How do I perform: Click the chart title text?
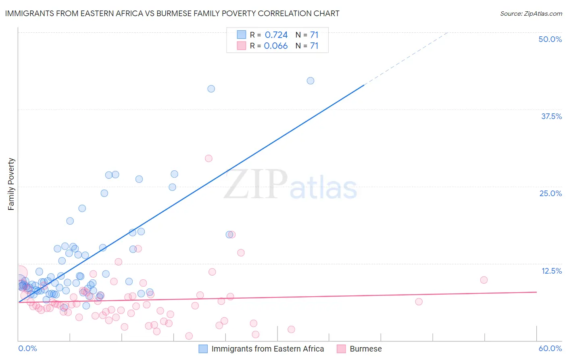coord(172,13)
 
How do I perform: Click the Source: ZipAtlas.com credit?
coord(531,14)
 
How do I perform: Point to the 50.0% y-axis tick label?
coord(550,39)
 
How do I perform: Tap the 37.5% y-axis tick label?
coord(551,116)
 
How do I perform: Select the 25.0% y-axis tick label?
coord(550,193)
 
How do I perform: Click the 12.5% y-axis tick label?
coord(551,271)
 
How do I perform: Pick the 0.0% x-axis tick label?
coord(27,348)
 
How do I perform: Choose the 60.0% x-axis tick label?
coord(550,348)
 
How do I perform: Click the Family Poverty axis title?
coord(11,184)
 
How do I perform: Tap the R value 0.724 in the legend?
coord(276,35)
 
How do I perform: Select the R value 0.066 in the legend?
coord(276,46)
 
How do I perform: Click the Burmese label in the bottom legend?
coord(365,349)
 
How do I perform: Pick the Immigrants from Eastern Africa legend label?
coord(267,349)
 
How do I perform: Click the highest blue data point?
coord(311,81)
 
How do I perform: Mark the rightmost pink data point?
coord(484,280)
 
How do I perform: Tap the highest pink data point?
coord(208,158)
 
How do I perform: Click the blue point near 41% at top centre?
coord(211,89)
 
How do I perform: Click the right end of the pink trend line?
coord(536,292)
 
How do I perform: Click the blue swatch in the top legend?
coord(241,35)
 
